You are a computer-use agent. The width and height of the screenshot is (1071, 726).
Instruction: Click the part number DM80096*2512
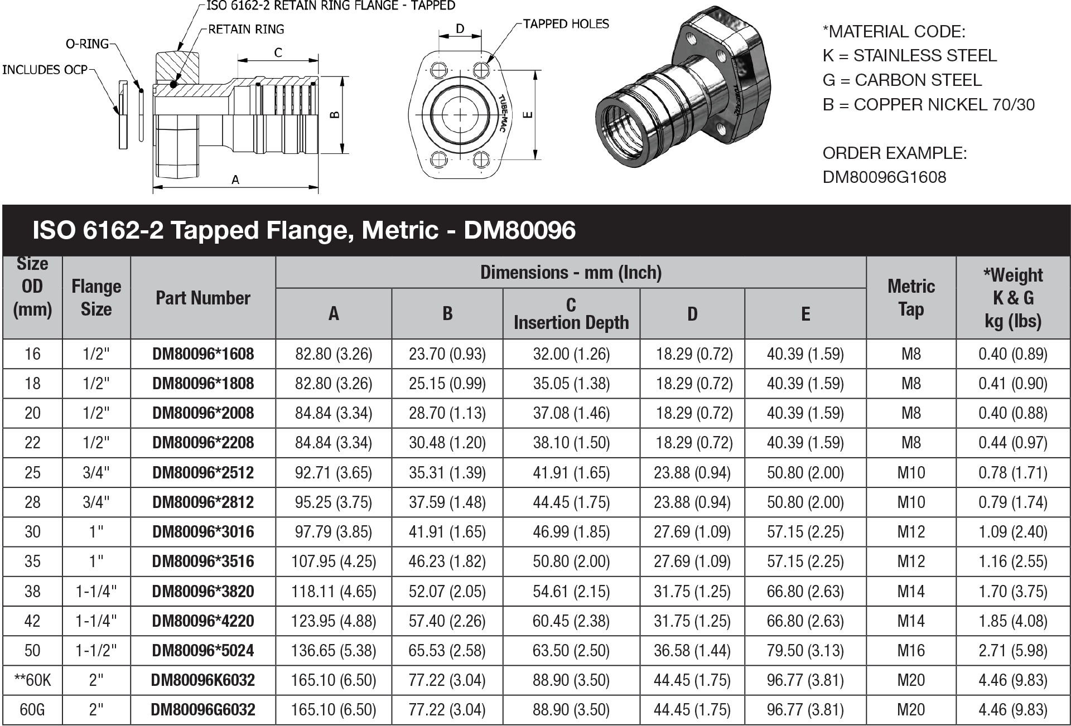pos(203,473)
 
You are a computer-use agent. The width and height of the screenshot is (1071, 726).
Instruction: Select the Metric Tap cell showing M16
pos(910,651)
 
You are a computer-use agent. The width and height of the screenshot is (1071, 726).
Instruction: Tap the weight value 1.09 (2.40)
pos(1012,532)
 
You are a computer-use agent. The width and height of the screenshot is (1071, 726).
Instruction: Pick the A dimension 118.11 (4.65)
pos(334,592)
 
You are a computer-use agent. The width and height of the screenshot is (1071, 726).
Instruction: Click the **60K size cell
pos(32,680)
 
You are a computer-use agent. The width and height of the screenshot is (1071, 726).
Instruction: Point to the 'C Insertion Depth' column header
pos(571,314)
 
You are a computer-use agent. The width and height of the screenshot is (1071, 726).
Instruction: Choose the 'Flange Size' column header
pos(96,298)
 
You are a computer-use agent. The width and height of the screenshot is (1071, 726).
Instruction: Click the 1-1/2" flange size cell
pos(96,651)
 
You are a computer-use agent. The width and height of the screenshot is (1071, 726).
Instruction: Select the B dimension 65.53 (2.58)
pos(447,651)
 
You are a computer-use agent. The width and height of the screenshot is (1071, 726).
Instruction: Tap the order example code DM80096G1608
pos(884,177)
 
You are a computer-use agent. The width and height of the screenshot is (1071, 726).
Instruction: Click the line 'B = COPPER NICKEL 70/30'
pos(928,105)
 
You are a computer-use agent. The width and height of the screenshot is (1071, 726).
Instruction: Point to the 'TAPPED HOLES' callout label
pos(566,24)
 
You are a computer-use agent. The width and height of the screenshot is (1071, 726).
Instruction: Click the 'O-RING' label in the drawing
pos(87,44)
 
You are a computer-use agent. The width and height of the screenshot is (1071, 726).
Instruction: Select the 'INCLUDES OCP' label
pos(45,70)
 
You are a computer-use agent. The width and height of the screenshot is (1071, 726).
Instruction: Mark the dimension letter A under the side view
pos(235,180)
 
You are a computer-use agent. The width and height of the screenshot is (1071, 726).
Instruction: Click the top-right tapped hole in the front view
pos(481,70)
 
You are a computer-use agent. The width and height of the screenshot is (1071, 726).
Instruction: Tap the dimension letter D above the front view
pos(460,28)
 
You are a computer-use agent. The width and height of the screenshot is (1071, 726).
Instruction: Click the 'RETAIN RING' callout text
pos(245,30)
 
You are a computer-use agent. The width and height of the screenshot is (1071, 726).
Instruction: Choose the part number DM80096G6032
pos(203,710)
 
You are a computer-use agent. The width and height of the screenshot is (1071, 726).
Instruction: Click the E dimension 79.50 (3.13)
pos(805,651)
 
